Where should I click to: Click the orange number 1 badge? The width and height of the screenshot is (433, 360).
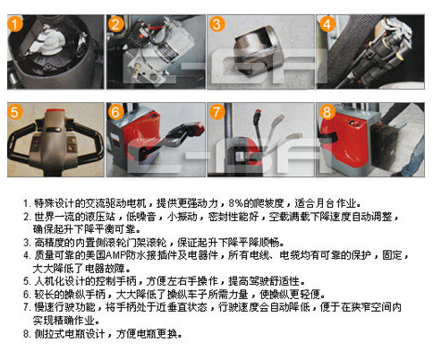(x=15, y=23)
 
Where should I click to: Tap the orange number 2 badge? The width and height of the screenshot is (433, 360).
(x=115, y=23)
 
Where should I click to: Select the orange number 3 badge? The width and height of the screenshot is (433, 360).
(x=216, y=23)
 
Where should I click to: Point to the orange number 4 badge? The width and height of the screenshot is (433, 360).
(x=327, y=23)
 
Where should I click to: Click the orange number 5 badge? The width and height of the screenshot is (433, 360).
(x=15, y=112)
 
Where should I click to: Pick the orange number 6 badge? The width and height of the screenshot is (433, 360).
(x=115, y=112)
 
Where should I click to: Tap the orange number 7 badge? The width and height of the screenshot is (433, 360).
(x=216, y=112)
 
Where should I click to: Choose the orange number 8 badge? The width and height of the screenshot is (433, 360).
(x=327, y=112)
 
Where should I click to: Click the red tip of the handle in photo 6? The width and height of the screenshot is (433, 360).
(x=198, y=128)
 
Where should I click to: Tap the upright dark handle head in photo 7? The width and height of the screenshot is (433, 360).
(x=258, y=117)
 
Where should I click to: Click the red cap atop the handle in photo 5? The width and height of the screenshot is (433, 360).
(x=55, y=111)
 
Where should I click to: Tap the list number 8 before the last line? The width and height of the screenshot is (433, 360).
(x=27, y=333)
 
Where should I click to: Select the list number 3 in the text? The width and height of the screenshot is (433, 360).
(x=27, y=242)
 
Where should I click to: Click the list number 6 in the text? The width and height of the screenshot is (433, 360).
(x=27, y=295)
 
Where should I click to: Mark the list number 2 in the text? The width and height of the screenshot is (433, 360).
(x=27, y=216)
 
